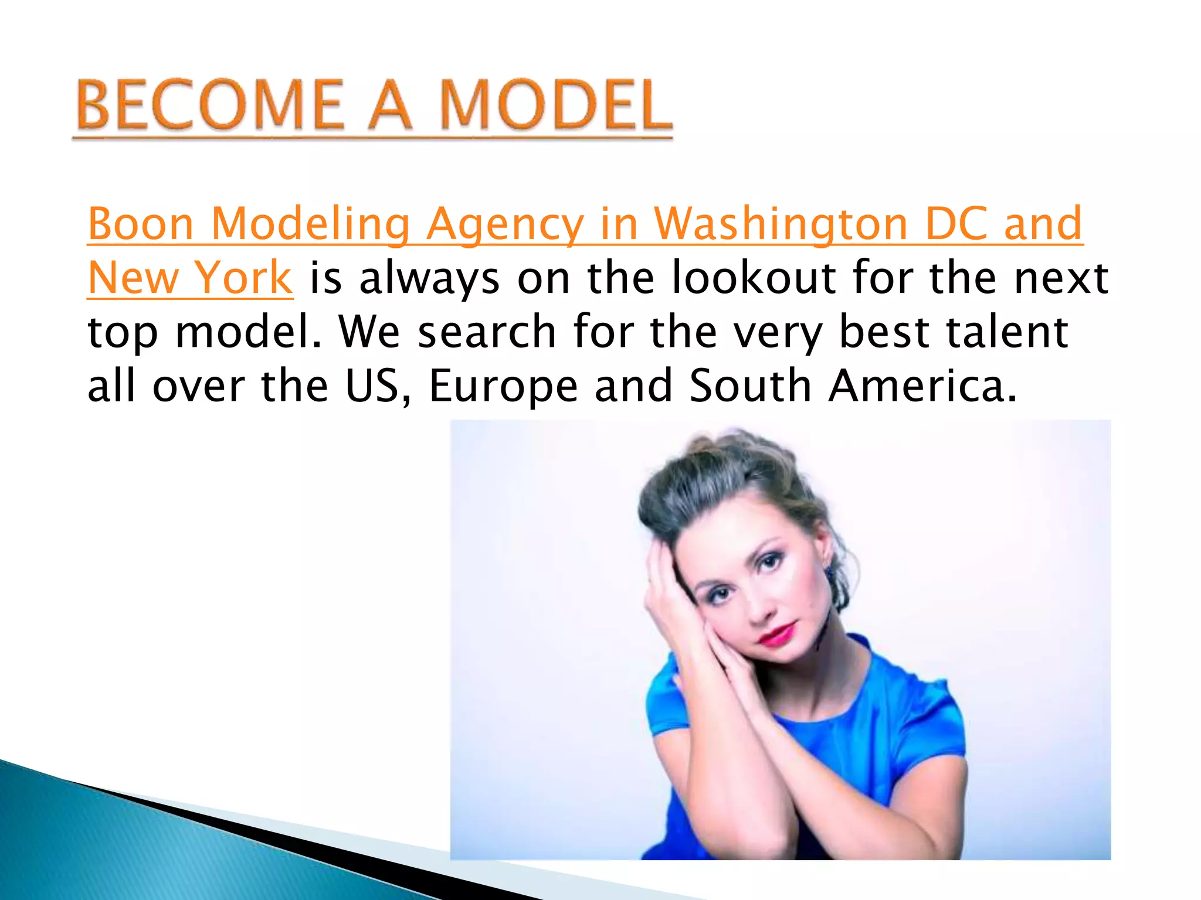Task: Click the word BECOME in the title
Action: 209,105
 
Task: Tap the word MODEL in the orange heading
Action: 555,105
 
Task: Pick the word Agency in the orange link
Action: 505,225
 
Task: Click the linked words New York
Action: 190,278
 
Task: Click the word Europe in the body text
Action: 504,387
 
